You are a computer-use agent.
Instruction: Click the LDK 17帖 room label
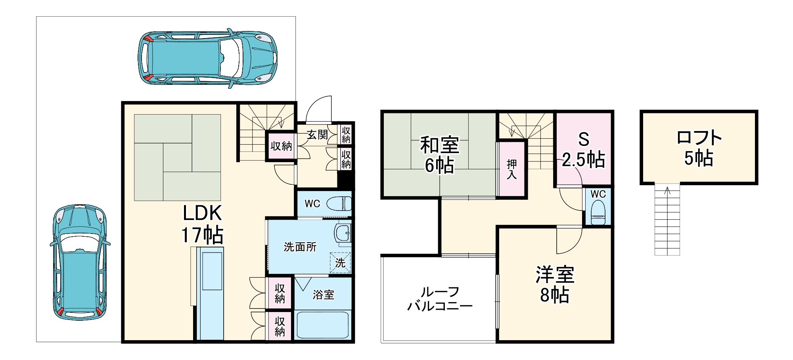point(202,224)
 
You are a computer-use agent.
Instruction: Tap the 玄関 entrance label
point(317,135)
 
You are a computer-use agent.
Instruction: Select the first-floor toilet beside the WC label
point(339,204)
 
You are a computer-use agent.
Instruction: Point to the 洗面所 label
point(300,247)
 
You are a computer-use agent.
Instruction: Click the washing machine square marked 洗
point(340,262)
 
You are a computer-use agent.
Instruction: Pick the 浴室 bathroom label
point(323,295)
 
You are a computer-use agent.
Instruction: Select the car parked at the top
point(207,57)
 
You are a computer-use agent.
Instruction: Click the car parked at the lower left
point(80,262)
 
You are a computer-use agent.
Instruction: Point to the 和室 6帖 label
point(439,155)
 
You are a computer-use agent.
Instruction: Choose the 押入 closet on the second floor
point(511,169)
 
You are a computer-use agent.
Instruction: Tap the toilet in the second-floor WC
point(598,213)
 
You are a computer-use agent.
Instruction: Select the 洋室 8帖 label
point(555,284)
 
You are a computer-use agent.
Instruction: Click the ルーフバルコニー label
point(440,299)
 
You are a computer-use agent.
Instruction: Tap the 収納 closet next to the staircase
point(281,146)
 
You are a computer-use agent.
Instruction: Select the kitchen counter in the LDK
point(211,293)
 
